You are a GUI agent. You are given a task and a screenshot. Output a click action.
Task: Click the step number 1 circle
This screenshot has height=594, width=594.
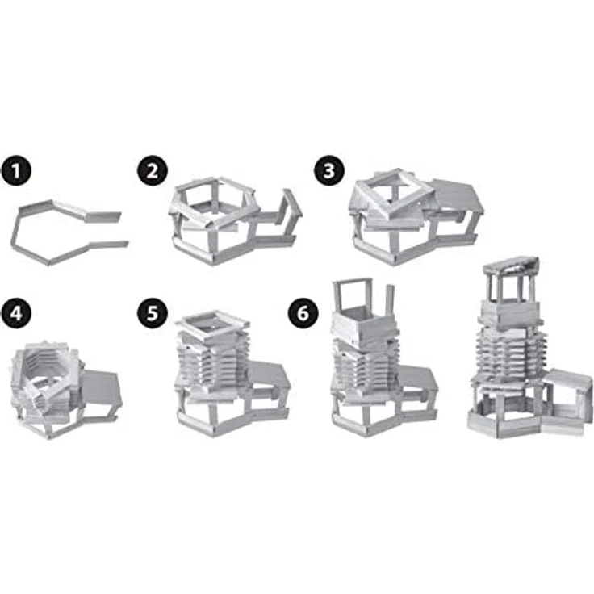(x=15, y=171)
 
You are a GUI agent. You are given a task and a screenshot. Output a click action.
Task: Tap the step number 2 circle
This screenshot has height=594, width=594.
(x=153, y=171)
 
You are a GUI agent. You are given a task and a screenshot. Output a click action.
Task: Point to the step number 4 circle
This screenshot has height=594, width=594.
(x=15, y=314)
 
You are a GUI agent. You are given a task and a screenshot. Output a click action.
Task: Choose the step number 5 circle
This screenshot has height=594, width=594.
(x=153, y=314)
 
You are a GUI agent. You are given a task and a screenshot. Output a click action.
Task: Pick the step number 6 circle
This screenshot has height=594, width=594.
(x=303, y=314)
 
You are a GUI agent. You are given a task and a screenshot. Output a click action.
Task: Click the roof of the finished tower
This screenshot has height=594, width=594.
(x=511, y=266)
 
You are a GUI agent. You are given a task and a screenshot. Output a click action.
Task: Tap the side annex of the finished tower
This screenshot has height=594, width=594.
(x=568, y=394)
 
